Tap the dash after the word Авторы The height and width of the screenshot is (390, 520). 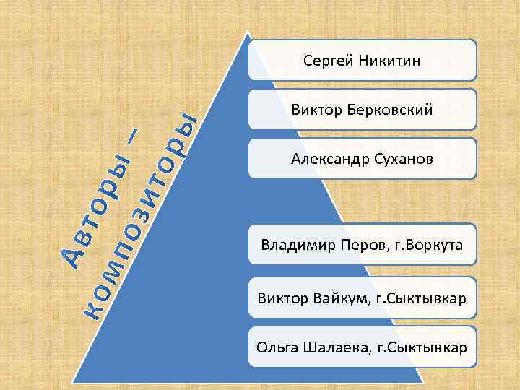pyautogui.click(x=137, y=137)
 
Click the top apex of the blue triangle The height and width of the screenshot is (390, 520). pyautogui.click(x=248, y=32)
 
